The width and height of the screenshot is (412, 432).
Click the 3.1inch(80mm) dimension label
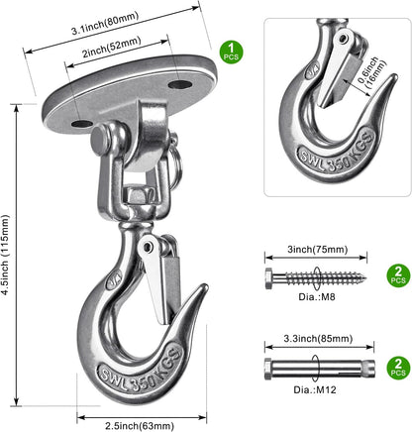(x=105, y=24)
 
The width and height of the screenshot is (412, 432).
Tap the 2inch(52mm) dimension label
(x=112, y=48)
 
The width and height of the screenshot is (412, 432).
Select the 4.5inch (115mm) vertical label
(x=5, y=255)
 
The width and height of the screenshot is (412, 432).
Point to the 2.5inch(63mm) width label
(x=140, y=426)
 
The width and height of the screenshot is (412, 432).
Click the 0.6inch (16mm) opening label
(x=372, y=72)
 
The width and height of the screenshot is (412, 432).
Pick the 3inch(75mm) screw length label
(x=318, y=250)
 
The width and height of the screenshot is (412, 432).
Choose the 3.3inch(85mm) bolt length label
(x=318, y=339)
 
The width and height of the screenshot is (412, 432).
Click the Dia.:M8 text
(x=317, y=297)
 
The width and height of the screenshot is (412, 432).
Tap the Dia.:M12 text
(x=315, y=389)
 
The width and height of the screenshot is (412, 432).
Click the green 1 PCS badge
(x=232, y=53)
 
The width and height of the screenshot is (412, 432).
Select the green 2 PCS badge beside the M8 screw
(x=398, y=275)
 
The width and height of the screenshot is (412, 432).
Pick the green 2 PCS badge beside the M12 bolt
(x=398, y=368)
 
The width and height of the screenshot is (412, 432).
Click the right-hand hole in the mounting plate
(x=180, y=84)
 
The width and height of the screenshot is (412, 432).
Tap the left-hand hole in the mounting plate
(x=82, y=124)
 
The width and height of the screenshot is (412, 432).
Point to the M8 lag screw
(x=316, y=278)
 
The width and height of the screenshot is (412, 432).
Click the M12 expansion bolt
(x=320, y=368)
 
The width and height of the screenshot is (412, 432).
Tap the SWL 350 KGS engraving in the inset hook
(x=337, y=151)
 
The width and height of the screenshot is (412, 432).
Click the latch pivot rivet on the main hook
(x=148, y=246)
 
